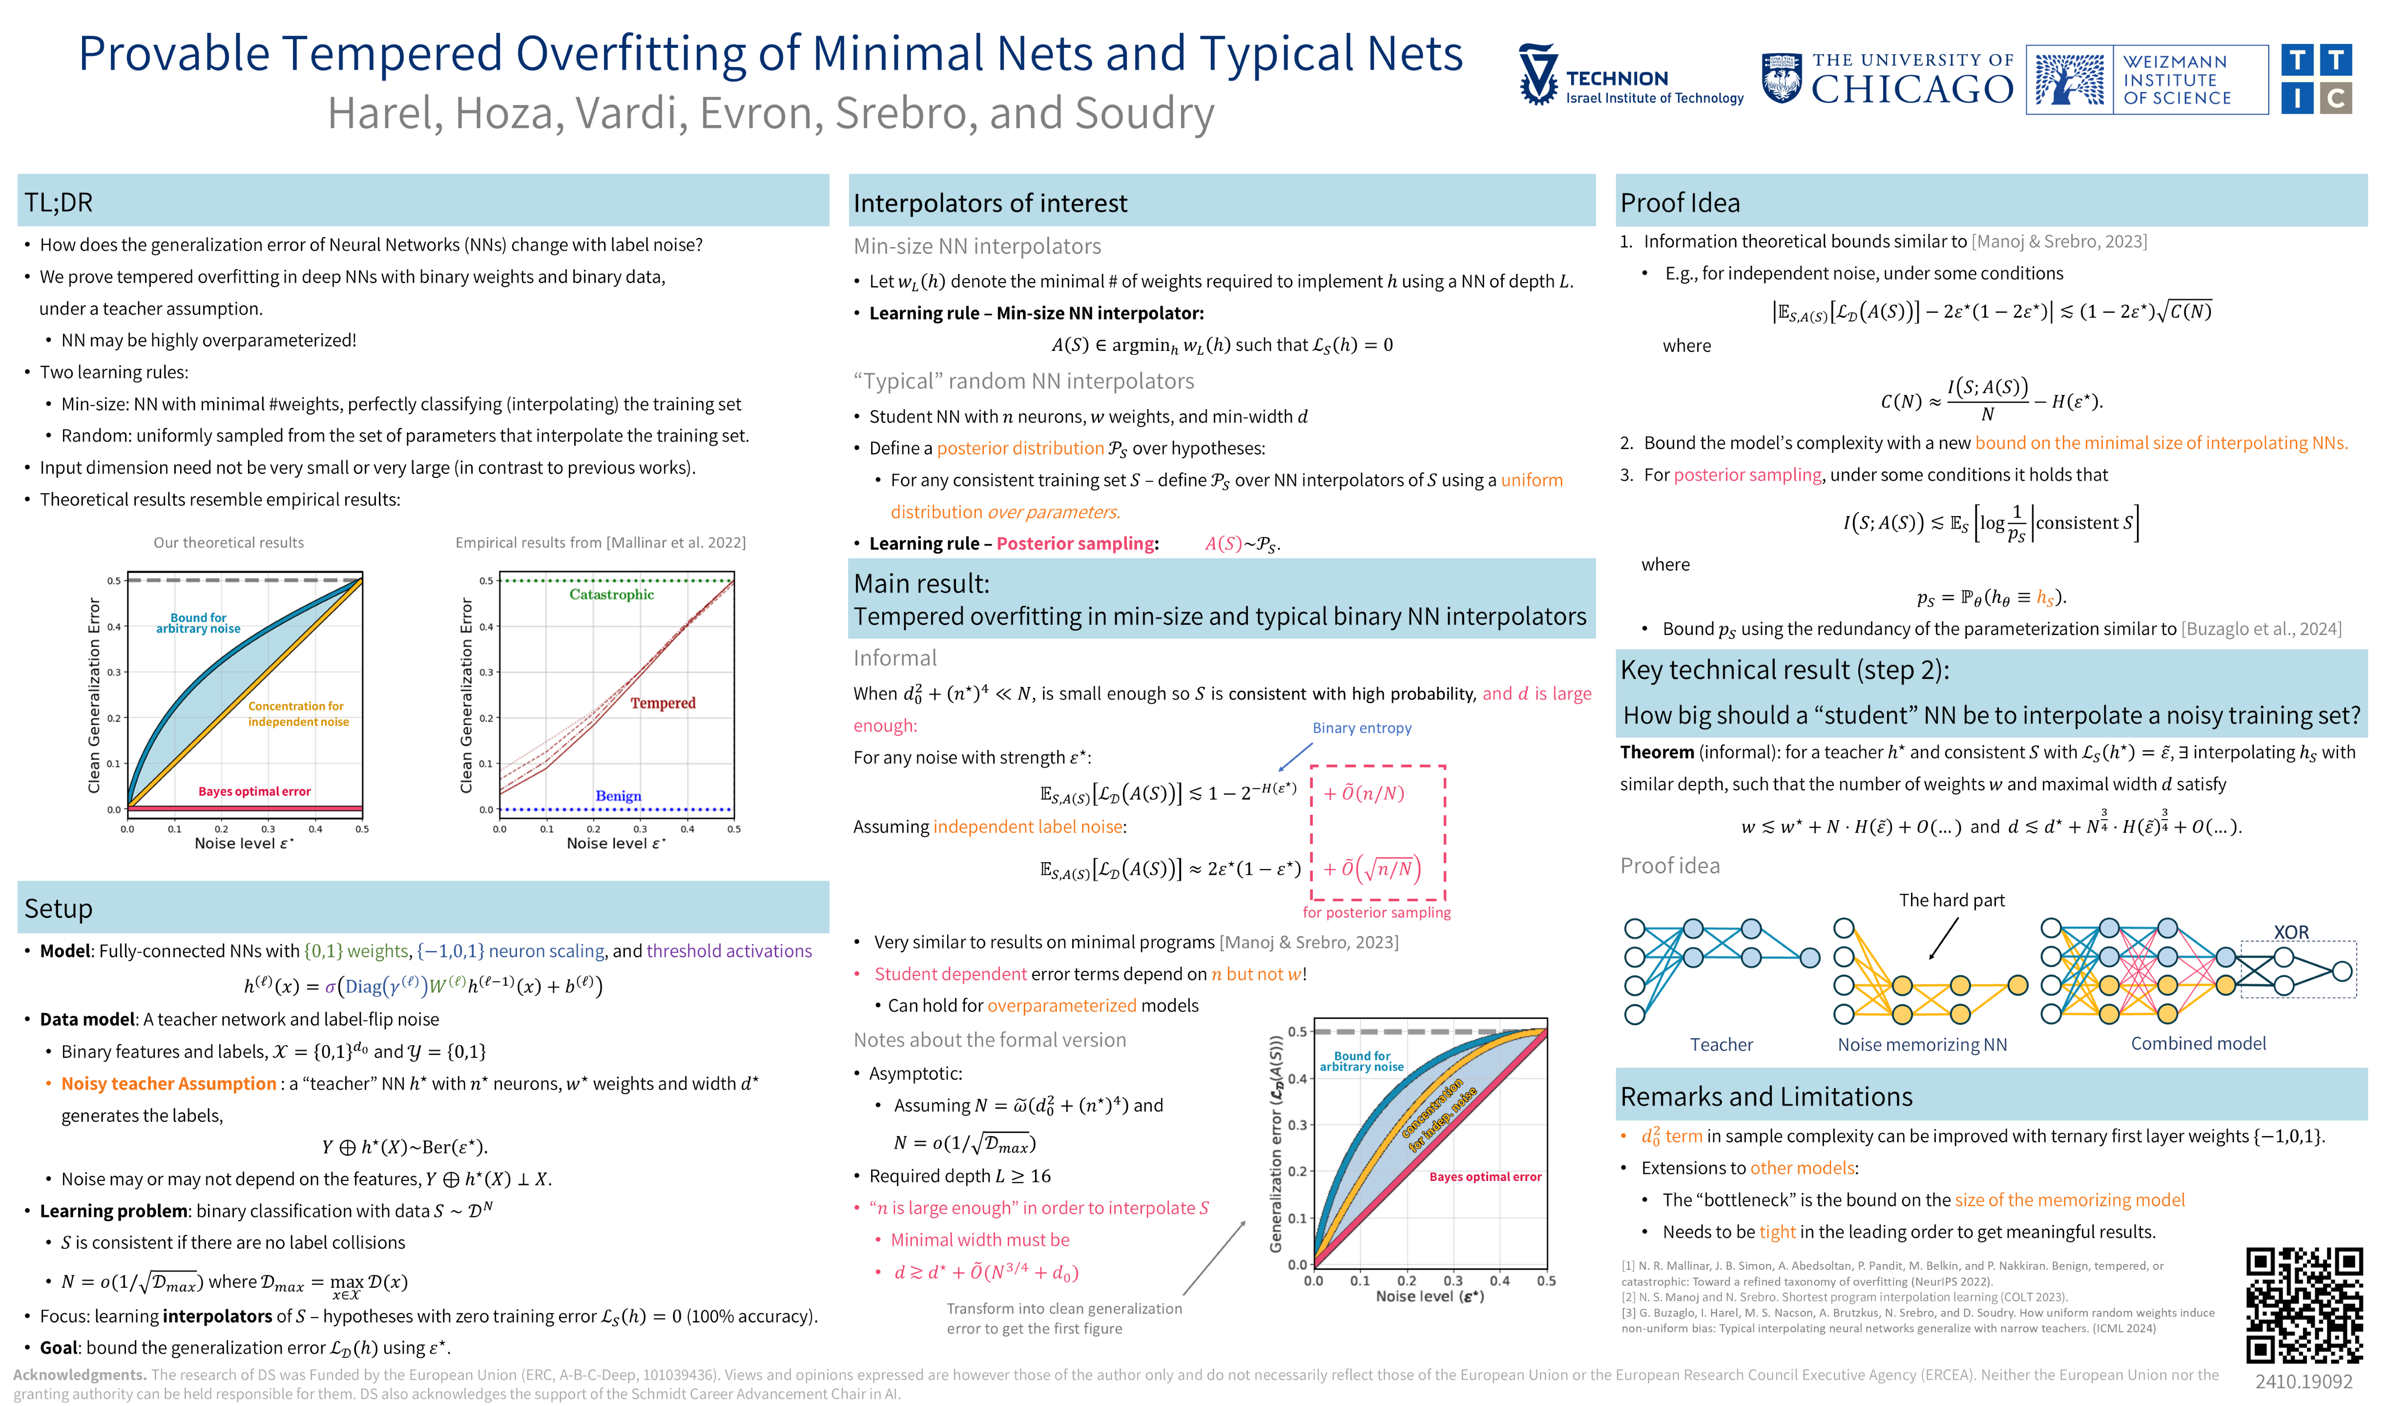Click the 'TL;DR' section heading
coord(59,202)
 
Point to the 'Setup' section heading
coord(59,909)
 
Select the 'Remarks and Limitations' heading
coord(1765,1096)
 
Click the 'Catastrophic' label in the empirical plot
coord(611,594)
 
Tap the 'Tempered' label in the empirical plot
coord(662,703)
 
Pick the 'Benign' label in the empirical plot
coord(618,796)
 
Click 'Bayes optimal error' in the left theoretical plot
coord(254,791)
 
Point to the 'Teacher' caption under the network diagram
coord(1721,1044)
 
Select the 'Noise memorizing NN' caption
coord(1922,1044)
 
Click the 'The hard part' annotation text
coord(1951,900)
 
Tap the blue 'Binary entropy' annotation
coord(1361,727)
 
